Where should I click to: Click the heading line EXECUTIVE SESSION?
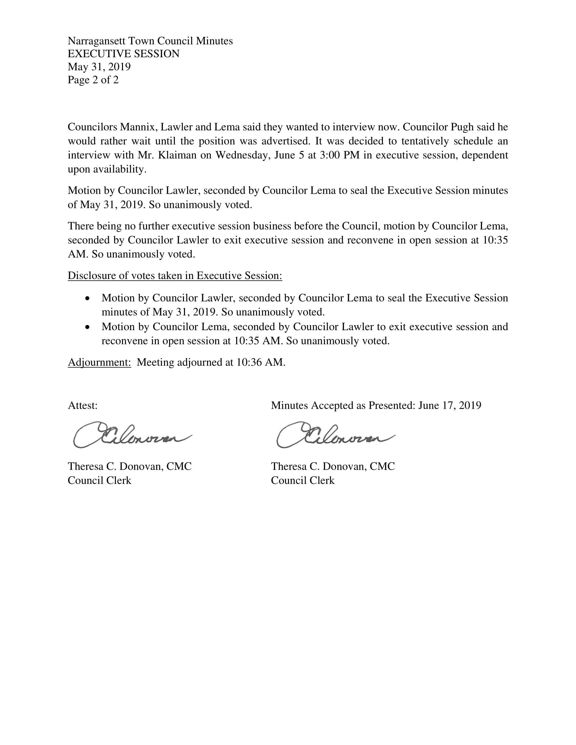[x=124, y=54]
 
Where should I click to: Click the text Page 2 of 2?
[x=93, y=80]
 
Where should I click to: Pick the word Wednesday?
[x=243, y=155]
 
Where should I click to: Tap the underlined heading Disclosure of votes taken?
[x=175, y=276]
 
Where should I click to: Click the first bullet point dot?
[x=88, y=298]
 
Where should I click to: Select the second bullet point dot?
[x=88, y=327]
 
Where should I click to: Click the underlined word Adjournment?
[x=99, y=362]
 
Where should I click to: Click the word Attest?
[x=83, y=406]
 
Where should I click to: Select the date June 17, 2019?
[x=450, y=406]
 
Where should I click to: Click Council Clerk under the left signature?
[x=99, y=481]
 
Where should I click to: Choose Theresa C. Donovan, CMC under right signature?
[x=333, y=466]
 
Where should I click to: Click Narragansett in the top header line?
[x=97, y=41]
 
